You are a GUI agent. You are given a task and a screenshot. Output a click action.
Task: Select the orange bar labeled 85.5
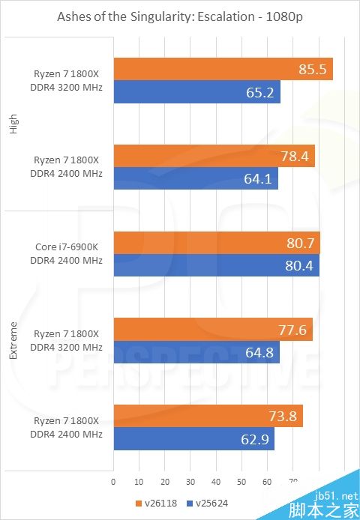click(x=223, y=69)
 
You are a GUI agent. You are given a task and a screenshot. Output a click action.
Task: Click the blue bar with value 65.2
click(x=196, y=93)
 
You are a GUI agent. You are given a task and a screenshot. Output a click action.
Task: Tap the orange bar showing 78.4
click(x=214, y=156)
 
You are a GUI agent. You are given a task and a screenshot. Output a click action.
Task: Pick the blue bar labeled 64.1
click(x=195, y=178)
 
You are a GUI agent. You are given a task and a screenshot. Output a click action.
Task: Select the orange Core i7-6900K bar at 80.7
click(x=217, y=243)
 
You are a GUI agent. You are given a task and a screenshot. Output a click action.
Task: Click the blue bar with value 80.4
click(x=216, y=265)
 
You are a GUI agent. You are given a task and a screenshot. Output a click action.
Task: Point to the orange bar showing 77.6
click(x=212, y=330)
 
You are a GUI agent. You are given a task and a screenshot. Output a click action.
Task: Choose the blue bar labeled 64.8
click(x=196, y=352)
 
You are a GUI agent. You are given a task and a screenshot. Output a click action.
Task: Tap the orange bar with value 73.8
click(x=208, y=416)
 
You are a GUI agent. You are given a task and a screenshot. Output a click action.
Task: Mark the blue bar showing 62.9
click(x=193, y=438)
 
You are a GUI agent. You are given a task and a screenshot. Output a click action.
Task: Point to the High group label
click(x=13, y=124)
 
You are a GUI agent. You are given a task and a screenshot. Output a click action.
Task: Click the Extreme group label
click(x=13, y=340)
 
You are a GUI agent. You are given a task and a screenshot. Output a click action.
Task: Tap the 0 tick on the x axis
click(x=113, y=482)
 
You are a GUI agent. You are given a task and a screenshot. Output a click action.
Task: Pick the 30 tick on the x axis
click(x=190, y=482)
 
